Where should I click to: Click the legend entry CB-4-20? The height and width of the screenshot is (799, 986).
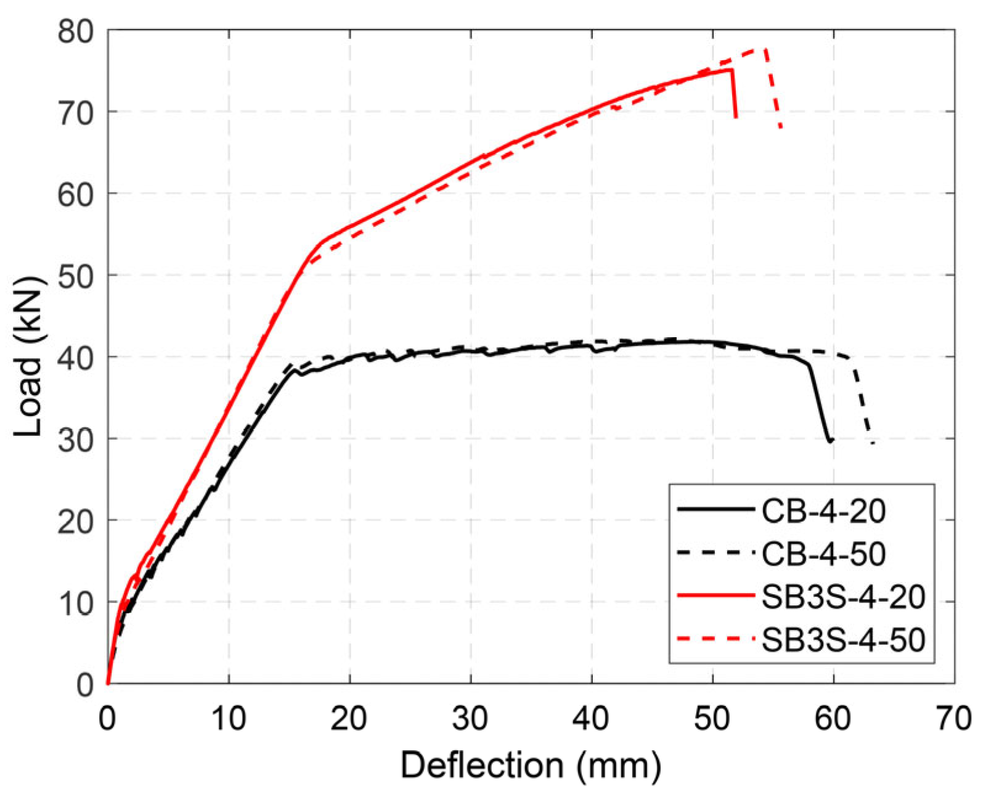tap(823, 510)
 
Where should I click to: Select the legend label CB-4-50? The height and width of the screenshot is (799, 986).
tap(823, 554)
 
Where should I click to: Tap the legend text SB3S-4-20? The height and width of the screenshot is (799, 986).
tap(843, 597)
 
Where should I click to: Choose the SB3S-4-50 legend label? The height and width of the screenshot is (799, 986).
tap(843, 640)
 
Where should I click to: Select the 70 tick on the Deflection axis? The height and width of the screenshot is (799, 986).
tap(954, 719)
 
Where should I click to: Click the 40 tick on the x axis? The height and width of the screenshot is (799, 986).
tap(592, 719)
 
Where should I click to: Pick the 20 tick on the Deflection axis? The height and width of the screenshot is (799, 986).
tap(349, 719)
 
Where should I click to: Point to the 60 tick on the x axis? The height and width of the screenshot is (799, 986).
tap(833, 719)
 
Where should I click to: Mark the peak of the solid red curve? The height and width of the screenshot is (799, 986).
tap(731, 69)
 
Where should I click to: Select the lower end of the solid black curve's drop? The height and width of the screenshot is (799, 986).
tap(830, 441)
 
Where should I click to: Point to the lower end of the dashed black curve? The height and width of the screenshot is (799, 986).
tap(873, 443)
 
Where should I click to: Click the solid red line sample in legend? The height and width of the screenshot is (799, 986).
tap(715, 596)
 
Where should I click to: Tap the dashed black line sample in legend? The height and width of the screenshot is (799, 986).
tap(715, 552)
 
